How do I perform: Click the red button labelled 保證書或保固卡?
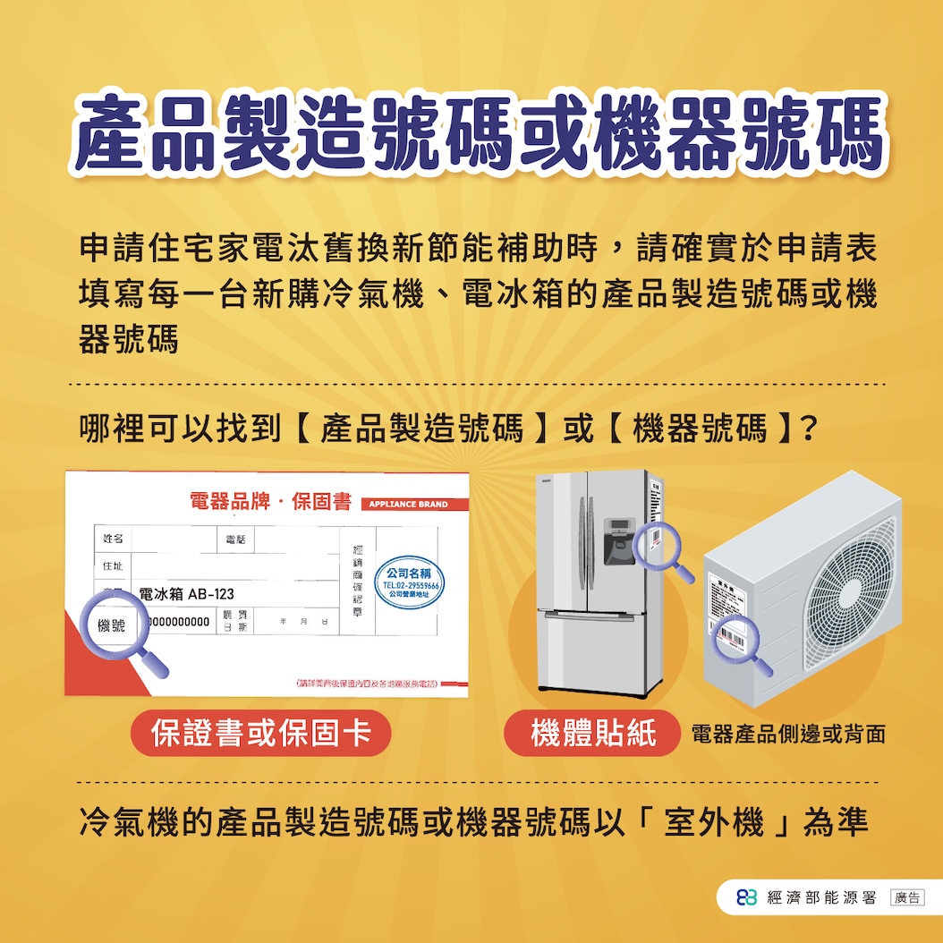tap(261, 733)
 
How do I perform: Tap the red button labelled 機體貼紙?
tap(592, 733)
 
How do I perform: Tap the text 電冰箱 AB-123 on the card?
tap(186, 595)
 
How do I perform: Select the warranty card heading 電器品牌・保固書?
tap(270, 502)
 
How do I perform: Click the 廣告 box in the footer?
tap(907, 897)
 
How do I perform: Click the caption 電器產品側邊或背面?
tap(788, 735)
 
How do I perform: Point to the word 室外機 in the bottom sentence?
tap(713, 821)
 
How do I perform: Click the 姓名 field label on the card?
tap(113, 539)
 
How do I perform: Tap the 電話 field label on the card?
tap(236, 539)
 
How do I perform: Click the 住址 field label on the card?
tap(113, 567)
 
